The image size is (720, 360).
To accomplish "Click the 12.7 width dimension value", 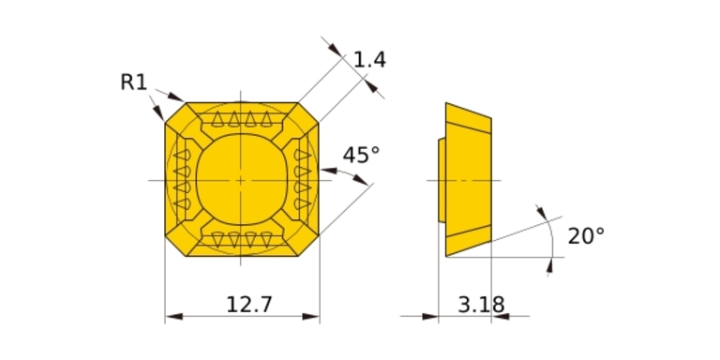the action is click(249, 305).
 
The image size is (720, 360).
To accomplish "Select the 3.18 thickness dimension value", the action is click(481, 305).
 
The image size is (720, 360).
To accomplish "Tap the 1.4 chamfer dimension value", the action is click(369, 60).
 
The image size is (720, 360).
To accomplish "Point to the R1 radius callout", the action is click(134, 82).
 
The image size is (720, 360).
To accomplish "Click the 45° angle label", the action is click(361, 156).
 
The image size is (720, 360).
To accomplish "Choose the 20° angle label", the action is click(586, 236).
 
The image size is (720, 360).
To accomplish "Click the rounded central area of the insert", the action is click(241, 180).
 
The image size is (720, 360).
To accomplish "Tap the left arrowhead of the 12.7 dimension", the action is click(173, 316).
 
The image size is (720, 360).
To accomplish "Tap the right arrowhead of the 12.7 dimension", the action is click(311, 316).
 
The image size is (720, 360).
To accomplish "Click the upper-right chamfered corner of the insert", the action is click(308, 112).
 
